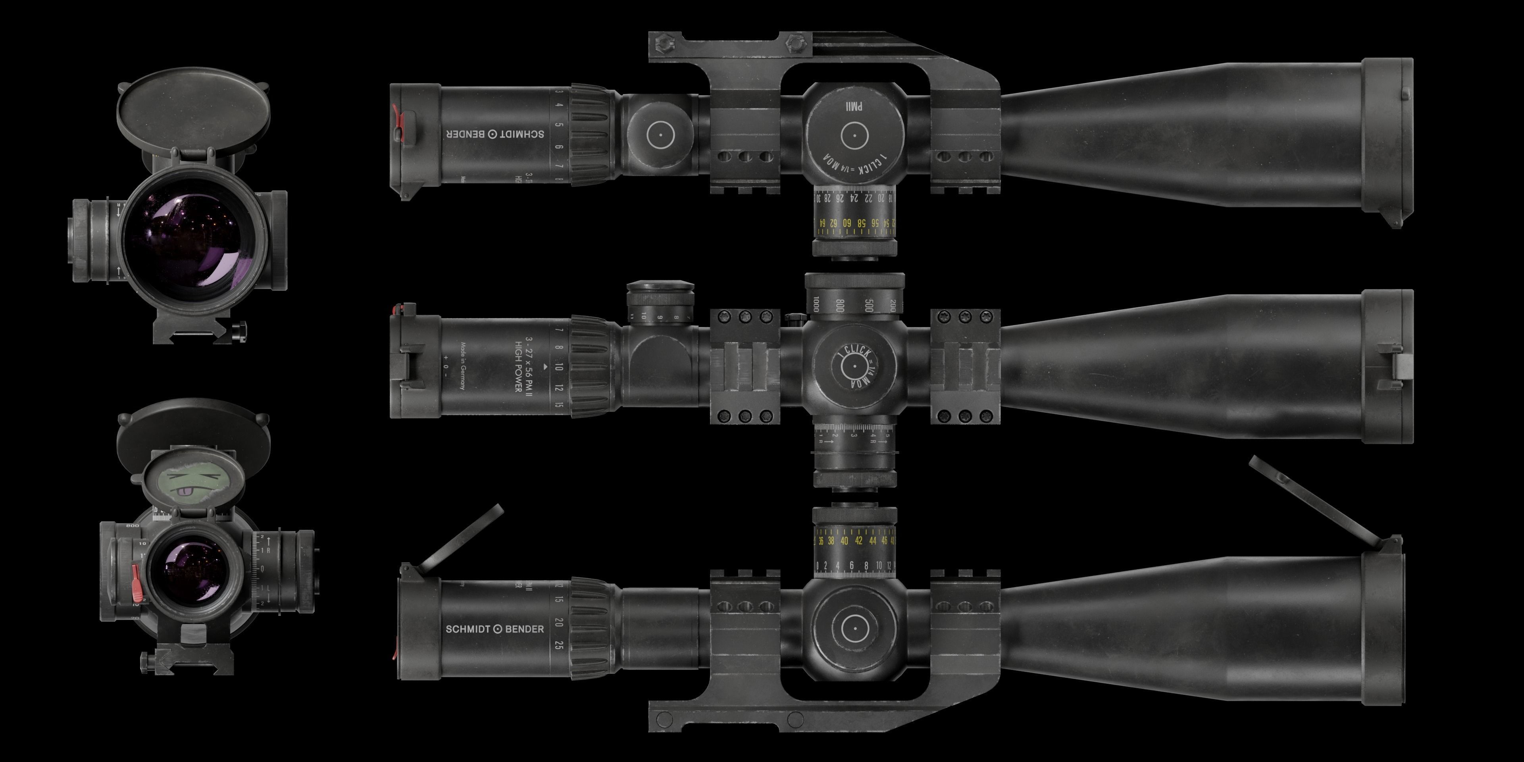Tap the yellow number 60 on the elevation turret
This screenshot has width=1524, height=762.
pos(847,223)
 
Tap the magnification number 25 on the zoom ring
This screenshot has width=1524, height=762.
pos(558,645)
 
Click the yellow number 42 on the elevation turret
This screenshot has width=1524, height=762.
pos(858,541)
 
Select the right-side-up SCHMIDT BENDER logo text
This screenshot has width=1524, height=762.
pos(495,629)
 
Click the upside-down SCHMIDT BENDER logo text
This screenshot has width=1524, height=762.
pos(495,134)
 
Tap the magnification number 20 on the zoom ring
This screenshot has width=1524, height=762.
pos(558,622)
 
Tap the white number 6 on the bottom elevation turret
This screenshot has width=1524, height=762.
pos(851,566)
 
